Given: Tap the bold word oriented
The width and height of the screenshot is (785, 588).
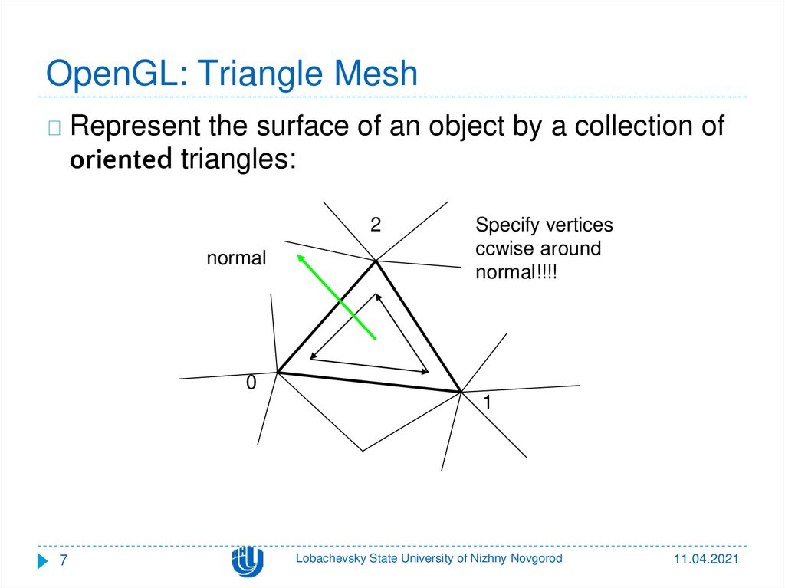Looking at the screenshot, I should click(x=120, y=160).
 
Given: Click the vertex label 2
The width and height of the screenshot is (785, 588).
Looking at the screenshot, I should click(x=376, y=225).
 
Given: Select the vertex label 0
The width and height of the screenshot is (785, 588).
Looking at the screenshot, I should click(x=250, y=383).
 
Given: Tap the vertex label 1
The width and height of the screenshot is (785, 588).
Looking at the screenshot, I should click(x=487, y=403).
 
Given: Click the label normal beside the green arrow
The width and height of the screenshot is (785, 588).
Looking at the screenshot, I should click(x=236, y=258).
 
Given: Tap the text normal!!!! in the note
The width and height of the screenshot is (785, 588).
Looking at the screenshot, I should click(x=514, y=272).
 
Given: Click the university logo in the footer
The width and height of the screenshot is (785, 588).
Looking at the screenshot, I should click(x=247, y=561).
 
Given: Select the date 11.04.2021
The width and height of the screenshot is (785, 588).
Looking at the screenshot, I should click(x=706, y=561).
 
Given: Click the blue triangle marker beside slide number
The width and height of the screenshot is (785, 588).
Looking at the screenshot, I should click(x=43, y=561).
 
